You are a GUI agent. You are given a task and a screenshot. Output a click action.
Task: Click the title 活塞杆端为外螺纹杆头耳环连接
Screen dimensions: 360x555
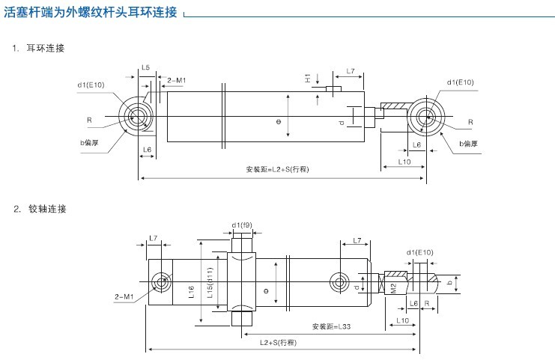(91, 13)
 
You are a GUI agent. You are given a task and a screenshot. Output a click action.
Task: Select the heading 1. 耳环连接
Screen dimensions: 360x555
(39, 49)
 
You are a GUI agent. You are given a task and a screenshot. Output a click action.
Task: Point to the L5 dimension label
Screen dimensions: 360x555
(145, 68)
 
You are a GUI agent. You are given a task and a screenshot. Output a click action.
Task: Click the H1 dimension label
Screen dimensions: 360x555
(308, 78)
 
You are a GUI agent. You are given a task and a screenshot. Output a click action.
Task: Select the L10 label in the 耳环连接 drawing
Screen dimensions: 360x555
(404, 161)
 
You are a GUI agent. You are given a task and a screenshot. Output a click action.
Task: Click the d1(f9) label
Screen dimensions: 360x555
(242, 225)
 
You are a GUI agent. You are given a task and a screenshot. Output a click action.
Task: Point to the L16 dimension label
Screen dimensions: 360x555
(191, 293)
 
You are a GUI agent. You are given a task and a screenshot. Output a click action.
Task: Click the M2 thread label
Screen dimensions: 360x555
(393, 288)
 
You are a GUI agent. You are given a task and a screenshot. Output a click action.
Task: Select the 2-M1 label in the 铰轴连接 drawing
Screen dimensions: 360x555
(124, 297)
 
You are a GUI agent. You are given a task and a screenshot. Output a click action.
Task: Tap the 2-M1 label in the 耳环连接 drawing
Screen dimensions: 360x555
(177, 79)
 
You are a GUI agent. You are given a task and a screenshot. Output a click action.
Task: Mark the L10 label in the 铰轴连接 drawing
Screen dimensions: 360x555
(402, 320)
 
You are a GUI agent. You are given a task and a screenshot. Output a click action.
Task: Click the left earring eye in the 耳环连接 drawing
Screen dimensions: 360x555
(138, 116)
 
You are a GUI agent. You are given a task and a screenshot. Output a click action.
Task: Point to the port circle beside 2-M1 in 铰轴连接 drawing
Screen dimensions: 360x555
(161, 282)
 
